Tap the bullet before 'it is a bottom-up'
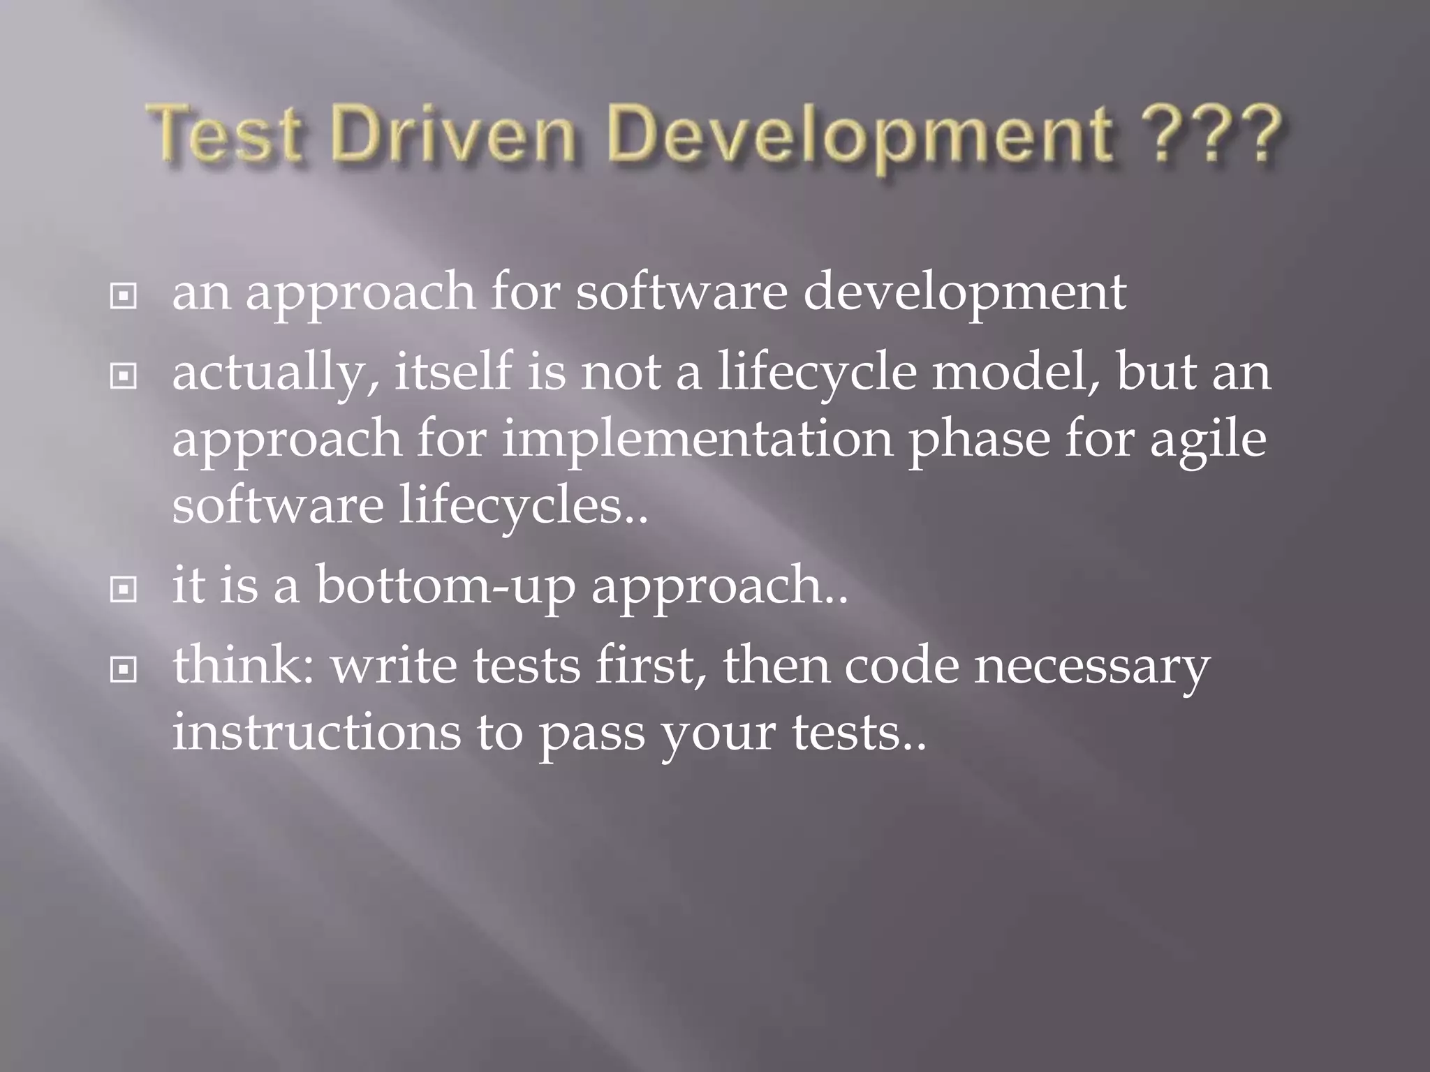click(x=123, y=590)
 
